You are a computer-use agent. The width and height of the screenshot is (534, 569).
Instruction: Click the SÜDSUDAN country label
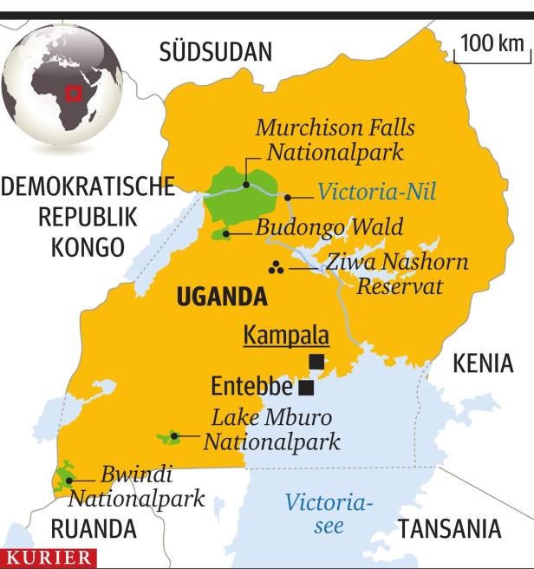coord(215,54)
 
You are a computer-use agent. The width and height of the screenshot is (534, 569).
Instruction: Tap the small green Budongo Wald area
coord(221,233)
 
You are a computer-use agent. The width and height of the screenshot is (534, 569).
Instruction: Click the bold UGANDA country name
coord(220,298)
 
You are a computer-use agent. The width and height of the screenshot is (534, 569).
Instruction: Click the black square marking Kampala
coord(317,361)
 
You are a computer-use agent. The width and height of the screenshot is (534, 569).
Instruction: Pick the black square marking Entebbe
coord(306,387)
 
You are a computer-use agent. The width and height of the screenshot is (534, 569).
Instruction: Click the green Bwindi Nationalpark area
coord(62,478)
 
